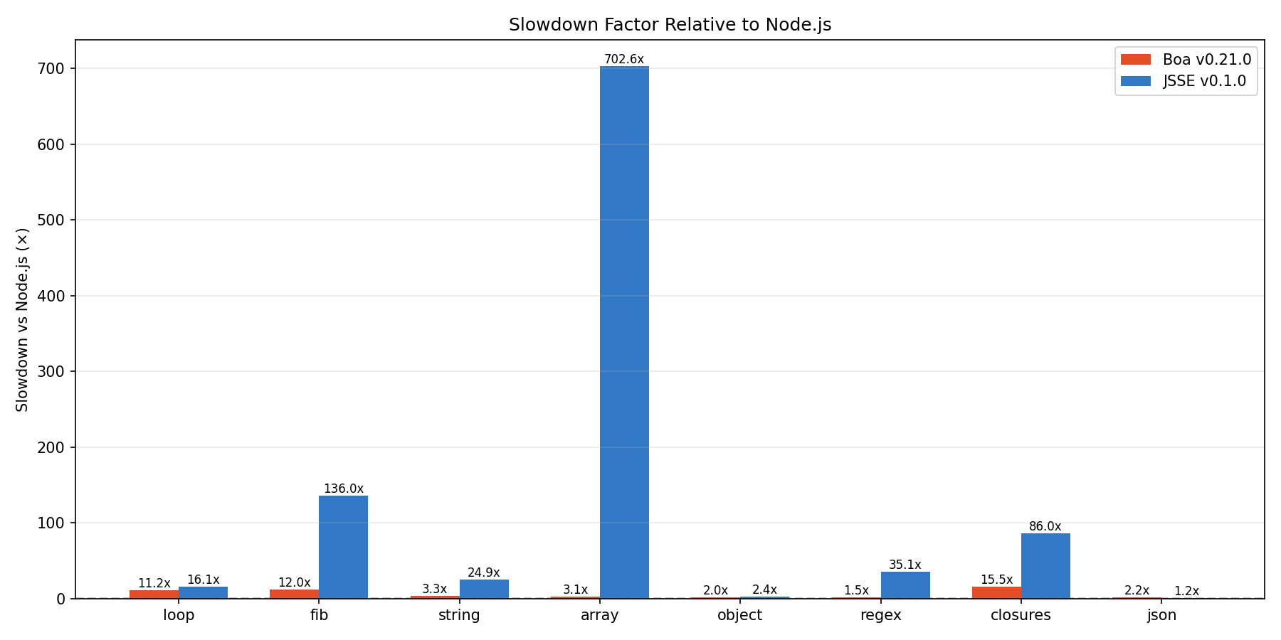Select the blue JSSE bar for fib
pos(343,547)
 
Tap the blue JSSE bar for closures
pos(1045,566)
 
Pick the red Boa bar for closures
pos(996,592)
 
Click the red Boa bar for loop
pos(154,594)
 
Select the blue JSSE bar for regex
pos(905,585)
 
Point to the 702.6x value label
pos(624,60)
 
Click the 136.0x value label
pos(343,489)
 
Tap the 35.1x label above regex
pos(905,565)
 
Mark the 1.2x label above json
pos(1186,592)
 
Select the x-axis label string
pos(459,616)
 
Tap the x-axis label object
pos(739,616)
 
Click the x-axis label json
pos(1161,616)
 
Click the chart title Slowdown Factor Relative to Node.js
pos(670,25)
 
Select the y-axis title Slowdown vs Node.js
pos(23,319)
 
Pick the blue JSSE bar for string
pos(484,589)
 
